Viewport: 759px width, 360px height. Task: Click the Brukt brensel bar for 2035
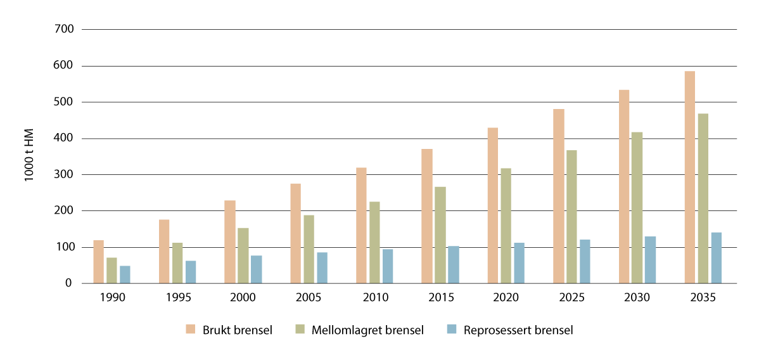(x=689, y=177)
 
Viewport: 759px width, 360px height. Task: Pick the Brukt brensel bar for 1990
(x=98, y=262)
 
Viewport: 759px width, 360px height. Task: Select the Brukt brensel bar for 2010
(x=361, y=225)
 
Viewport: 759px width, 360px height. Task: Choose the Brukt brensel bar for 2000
(x=229, y=241)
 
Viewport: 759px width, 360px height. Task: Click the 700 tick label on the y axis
(x=66, y=29)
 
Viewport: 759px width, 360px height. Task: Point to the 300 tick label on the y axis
(x=66, y=174)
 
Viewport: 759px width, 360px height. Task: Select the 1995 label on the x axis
(x=177, y=297)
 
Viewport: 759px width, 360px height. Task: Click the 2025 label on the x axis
(x=571, y=297)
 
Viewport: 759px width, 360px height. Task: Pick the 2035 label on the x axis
(x=703, y=297)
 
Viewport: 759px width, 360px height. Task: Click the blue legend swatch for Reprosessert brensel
(x=451, y=329)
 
